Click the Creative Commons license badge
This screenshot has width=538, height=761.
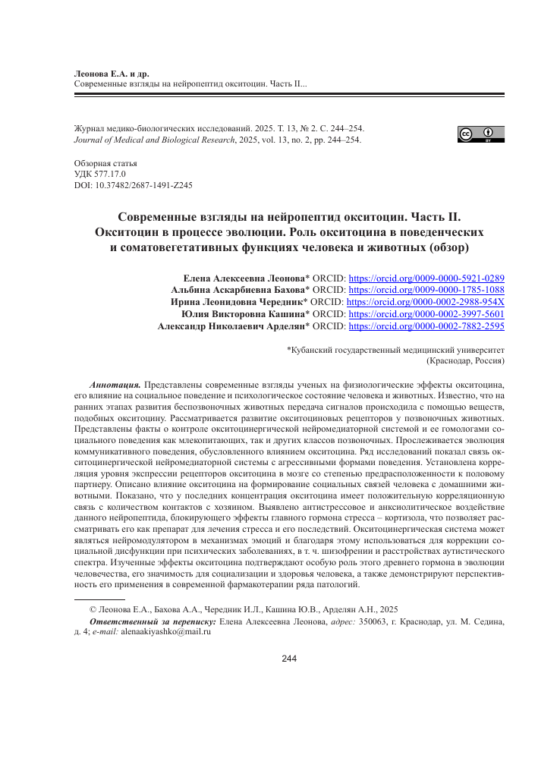coord(480,134)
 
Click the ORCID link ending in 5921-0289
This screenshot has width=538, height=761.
coord(426,278)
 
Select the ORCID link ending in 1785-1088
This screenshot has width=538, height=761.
coord(426,291)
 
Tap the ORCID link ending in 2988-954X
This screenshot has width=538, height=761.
coord(426,303)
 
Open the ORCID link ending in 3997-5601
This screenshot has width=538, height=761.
coord(426,315)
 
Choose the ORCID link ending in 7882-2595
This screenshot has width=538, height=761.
coord(426,327)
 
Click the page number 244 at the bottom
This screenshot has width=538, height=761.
coord(289,658)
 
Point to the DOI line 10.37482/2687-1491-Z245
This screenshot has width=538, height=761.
coord(133,184)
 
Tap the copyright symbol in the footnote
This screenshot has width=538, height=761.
coord(93,608)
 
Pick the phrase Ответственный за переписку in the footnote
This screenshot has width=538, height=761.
coord(153,621)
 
